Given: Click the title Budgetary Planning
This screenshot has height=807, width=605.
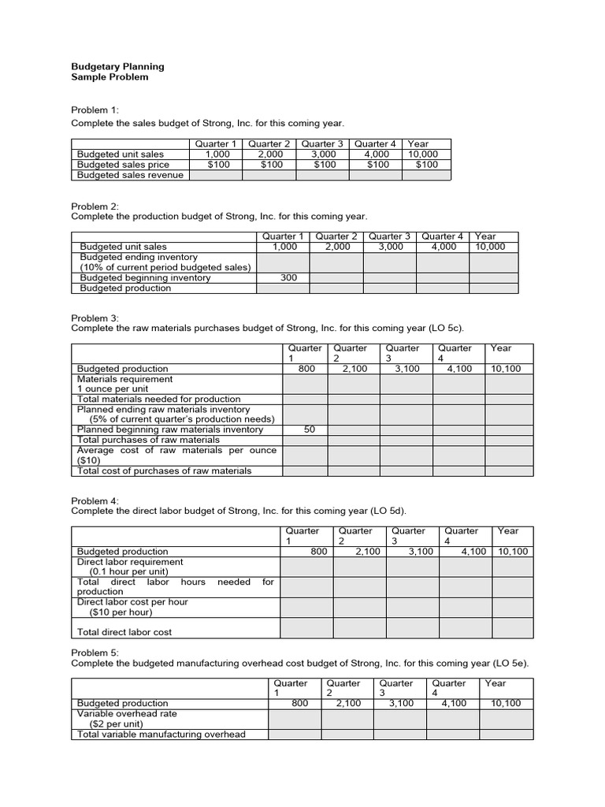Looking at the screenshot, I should coord(117,67).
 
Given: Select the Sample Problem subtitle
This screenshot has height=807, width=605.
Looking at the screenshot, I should coord(109,77).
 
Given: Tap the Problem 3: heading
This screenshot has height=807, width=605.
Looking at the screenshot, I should coord(95,318).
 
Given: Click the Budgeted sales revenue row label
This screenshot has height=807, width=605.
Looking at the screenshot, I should coord(129,175).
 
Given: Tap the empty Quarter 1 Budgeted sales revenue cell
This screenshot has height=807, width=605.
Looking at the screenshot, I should coord(214,175).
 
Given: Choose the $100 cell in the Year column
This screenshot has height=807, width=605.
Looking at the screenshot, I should coord(426,165).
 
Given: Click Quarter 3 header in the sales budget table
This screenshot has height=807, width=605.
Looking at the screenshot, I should coord(322,143).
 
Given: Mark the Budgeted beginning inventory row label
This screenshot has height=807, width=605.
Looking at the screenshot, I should coord(145,278).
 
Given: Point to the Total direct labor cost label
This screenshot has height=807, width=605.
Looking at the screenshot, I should coord(124,632).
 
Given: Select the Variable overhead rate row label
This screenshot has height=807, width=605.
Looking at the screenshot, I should coord(127,713).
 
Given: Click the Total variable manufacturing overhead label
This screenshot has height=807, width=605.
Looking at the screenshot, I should coord(161,734).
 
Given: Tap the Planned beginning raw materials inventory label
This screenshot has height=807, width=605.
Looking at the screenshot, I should coord(169,430).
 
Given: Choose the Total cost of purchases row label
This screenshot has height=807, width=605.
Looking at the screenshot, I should coord(164,471).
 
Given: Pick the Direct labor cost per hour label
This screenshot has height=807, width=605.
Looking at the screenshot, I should coord(132,602).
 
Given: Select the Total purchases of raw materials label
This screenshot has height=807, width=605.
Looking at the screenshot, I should coord(147,440).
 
